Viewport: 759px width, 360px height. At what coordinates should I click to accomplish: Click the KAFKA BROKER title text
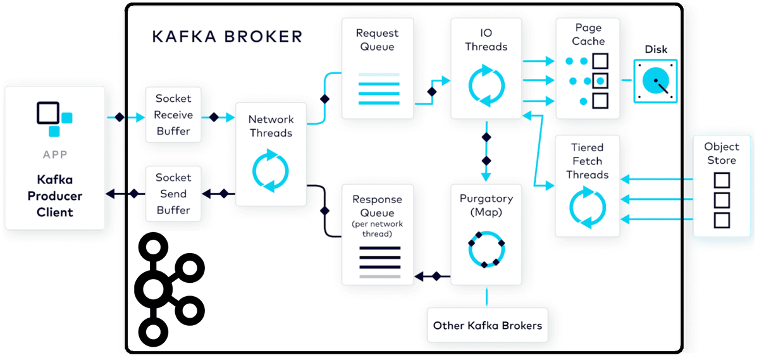tap(227, 36)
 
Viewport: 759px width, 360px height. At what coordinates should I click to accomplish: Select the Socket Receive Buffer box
tap(173, 115)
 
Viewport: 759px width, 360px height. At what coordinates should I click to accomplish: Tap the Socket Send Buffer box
tap(173, 194)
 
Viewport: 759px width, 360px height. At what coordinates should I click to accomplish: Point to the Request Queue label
tap(377, 40)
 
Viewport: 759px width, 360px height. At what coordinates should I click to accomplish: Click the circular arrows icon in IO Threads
tap(486, 85)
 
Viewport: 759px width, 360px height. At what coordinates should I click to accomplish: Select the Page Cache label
tap(588, 35)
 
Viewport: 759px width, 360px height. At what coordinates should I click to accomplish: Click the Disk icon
tap(655, 81)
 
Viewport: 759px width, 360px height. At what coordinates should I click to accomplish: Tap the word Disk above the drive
tap(656, 49)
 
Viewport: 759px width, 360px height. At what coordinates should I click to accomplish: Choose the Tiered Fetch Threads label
tap(588, 161)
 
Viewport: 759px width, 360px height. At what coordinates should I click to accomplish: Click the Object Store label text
tap(722, 154)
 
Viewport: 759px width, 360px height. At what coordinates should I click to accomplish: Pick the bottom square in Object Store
tap(722, 220)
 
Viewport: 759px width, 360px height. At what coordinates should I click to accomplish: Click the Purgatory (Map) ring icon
tap(486, 250)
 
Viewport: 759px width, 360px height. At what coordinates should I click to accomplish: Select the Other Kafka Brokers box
tap(487, 326)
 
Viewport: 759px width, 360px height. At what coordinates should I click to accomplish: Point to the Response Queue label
tap(377, 206)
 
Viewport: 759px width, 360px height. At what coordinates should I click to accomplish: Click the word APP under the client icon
tap(55, 154)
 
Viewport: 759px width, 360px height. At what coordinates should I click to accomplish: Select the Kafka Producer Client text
tap(55, 196)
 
